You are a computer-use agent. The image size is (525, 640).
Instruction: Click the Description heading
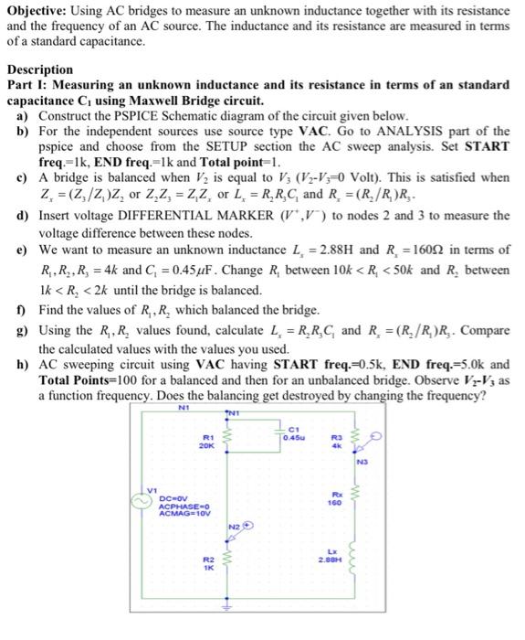pos(40,69)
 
